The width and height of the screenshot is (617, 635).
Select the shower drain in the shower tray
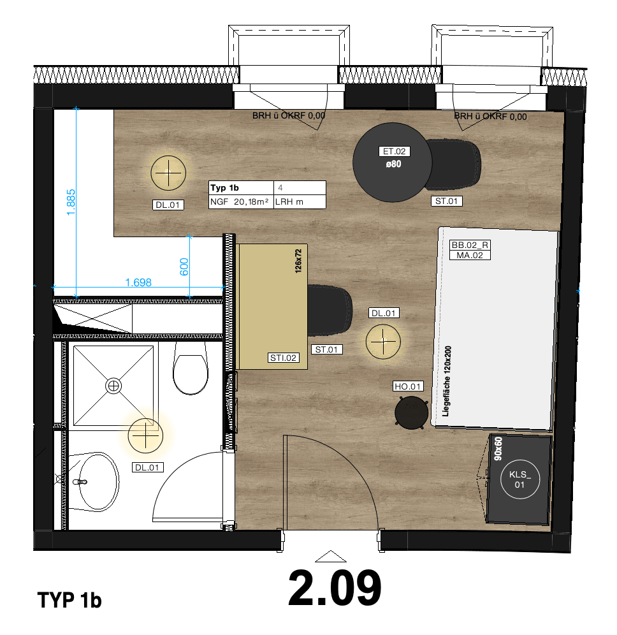[x=113, y=385]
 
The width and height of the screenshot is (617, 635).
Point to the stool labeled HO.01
[x=410, y=411]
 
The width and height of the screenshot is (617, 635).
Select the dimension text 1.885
[x=71, y=201]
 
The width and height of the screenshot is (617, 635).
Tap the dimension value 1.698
[x=138, y=282]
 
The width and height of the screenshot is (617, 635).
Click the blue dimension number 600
[x=184, y=266]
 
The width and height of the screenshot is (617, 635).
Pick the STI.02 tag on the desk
[x=283, y=358]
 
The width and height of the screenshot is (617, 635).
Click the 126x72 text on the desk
[x=297, y=261]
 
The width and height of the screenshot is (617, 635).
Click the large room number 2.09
[x=335, y=588]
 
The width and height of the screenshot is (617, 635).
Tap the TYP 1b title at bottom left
[x=70, y=601]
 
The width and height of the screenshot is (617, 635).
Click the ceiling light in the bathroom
[x=146, y=435]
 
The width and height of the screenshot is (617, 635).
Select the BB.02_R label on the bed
[x=470, y=245]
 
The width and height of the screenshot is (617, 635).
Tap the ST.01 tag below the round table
[x=446, y=201]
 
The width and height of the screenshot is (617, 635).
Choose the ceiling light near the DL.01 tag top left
[x=169, y=173]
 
